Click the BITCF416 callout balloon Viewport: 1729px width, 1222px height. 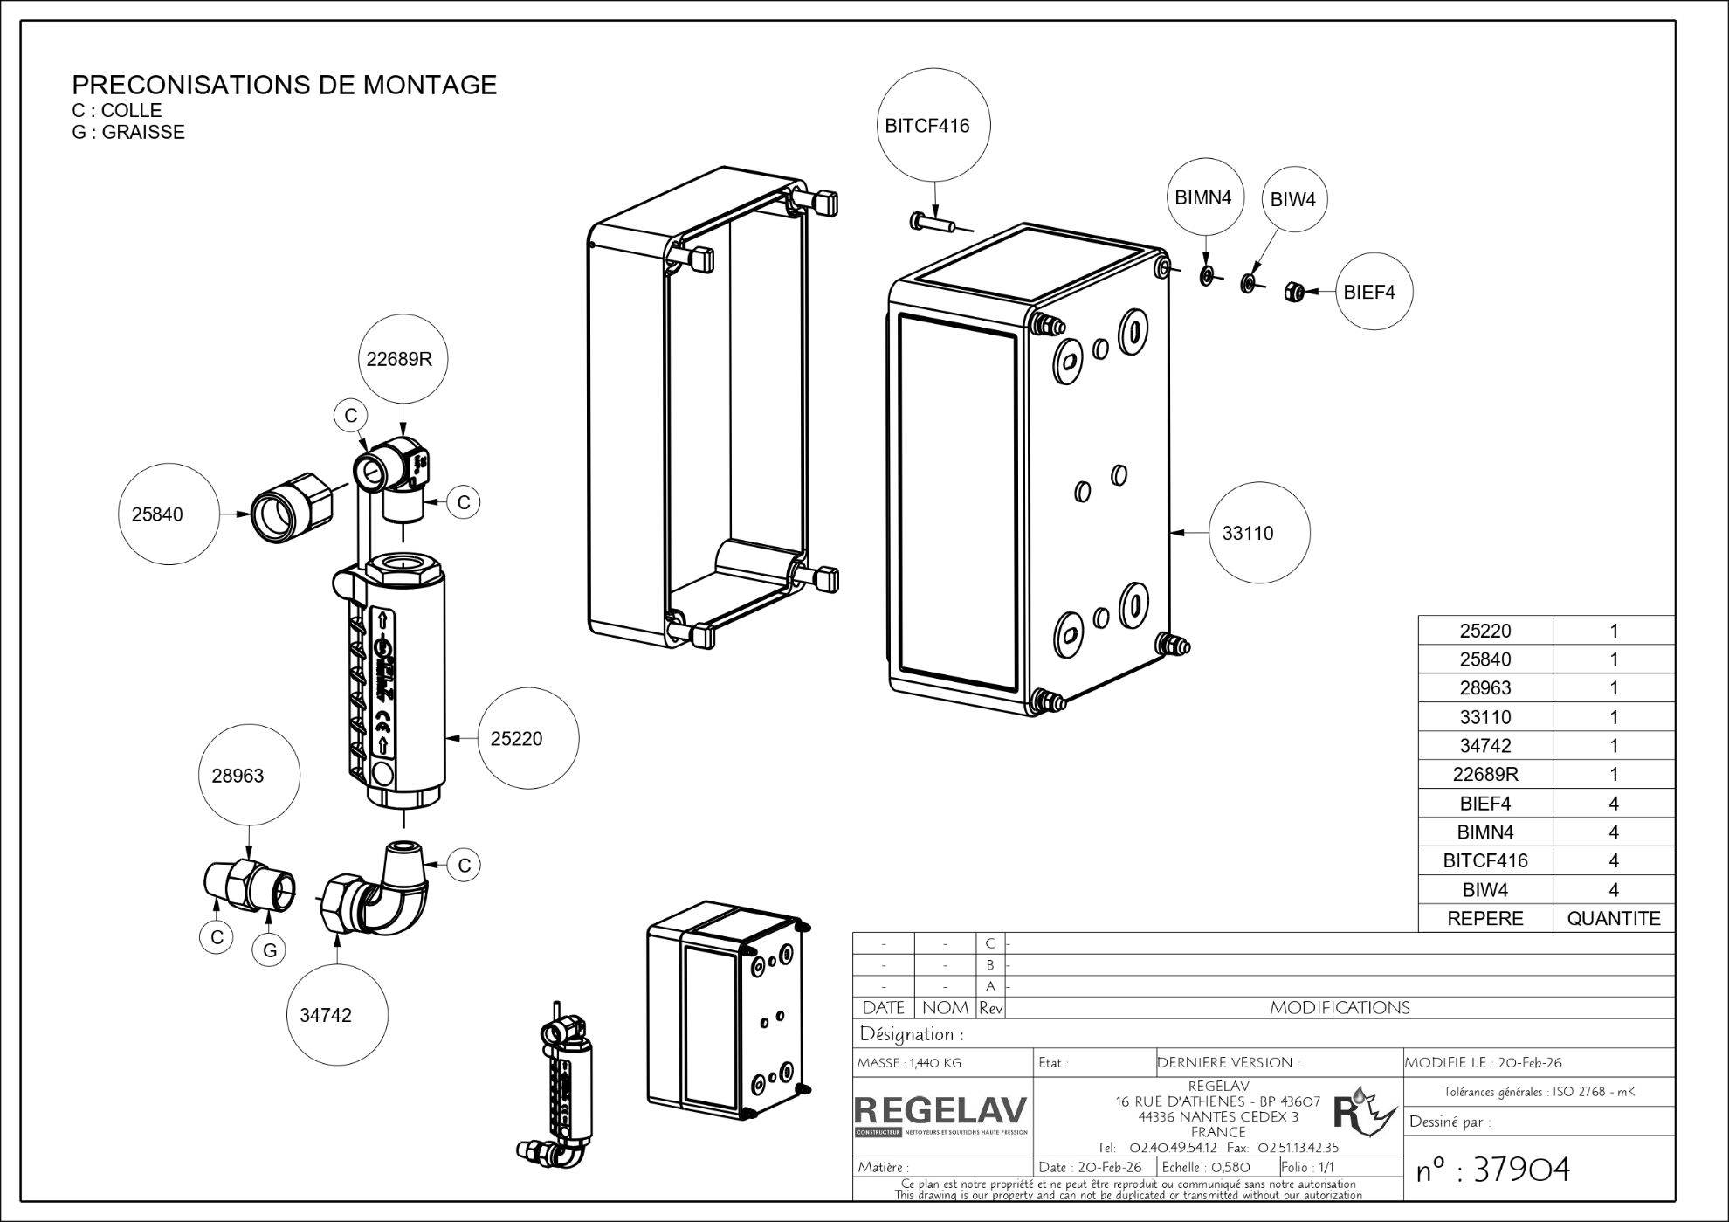coord(926,126)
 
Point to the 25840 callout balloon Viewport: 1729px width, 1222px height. coord(168,514)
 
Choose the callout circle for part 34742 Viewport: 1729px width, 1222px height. coord(337,1015)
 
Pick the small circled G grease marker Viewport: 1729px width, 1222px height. coord(269,950)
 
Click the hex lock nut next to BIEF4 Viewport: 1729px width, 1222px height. coord(1294,292)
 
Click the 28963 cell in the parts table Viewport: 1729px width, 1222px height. coord(1484,687)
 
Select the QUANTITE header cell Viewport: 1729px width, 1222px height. coord(1613,918)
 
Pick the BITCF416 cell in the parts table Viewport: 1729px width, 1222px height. coord(1484,860)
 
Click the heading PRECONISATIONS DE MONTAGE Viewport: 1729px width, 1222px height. coord(284,85)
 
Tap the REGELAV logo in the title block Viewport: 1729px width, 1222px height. coord(941,1114)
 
